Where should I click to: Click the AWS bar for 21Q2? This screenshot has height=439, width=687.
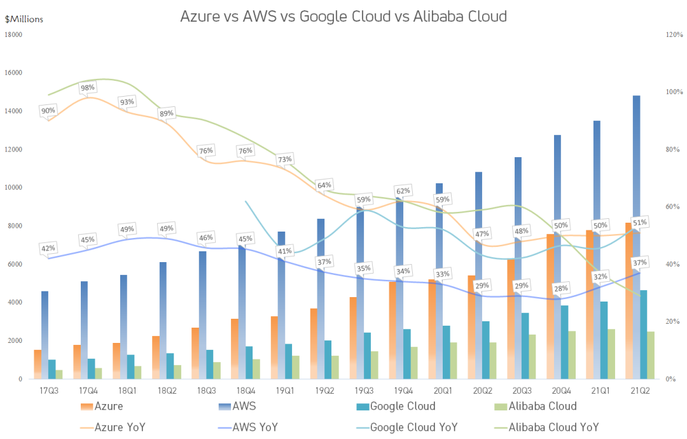[x=636, y=237]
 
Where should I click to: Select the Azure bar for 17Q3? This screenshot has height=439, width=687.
[x=38, y=365]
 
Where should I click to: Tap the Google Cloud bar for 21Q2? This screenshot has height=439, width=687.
[x=644, y=335]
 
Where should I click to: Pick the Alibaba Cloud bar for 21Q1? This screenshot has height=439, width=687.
[x=611, y=354]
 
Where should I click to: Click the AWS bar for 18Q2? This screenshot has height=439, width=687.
[x=163, y=321]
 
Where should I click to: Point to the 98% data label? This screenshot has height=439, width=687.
[x=88, y=88]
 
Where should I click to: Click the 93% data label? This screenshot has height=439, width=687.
[x=127, y=102]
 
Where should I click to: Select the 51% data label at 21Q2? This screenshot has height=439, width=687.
[x=640, y=223]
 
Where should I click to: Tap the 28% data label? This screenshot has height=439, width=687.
[x=561, y=288]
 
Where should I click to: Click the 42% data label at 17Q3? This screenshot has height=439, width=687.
[x=48, y=248]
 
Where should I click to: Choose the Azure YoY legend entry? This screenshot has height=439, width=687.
[x=113, y=427]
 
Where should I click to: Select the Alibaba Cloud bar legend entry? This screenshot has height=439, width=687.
[x=536, y=406]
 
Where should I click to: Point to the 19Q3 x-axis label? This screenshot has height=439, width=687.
[x=364, y=391]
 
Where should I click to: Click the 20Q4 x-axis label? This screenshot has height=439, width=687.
[x=561, y=391]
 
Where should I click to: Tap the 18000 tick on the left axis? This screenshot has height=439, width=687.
[x=13, y=34]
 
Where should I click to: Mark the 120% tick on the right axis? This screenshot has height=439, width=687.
[x=674, y=34]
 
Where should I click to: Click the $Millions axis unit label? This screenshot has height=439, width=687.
[x=24, y=19]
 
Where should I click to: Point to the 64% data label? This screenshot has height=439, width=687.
[x=324, y=185]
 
